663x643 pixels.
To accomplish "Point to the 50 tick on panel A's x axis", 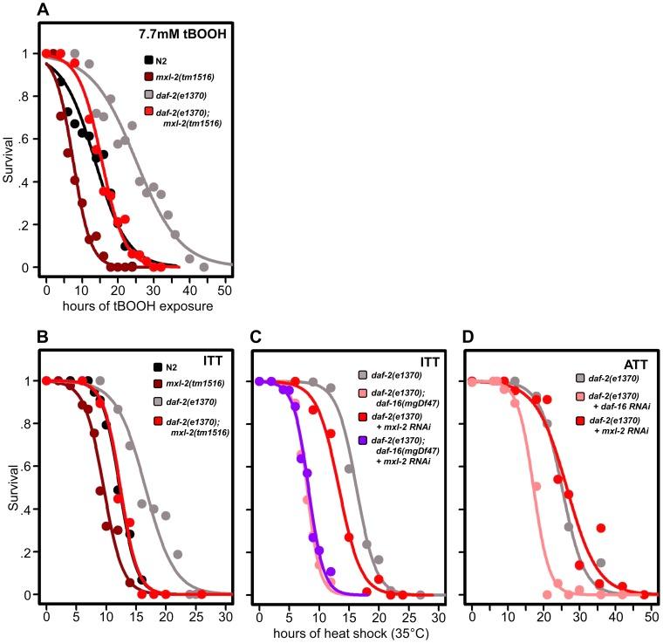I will click(x=225, y=284).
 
